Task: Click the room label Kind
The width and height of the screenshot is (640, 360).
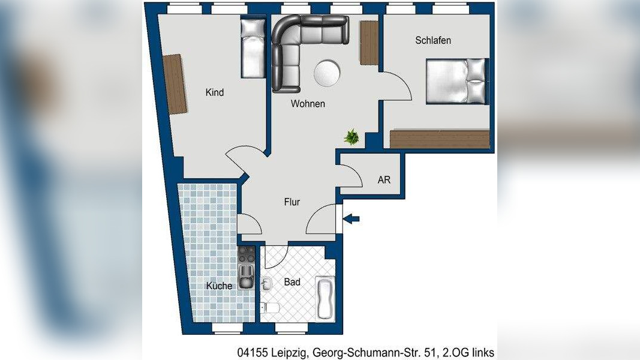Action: click(214, 92)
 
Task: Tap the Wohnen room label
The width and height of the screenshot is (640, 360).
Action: click(308, 104)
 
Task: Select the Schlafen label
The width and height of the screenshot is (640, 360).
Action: click(432, 41)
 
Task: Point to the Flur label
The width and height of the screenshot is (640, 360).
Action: click(292, 202)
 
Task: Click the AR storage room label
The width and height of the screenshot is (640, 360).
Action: click(384, 180)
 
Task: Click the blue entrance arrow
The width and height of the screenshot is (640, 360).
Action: click(353, 220)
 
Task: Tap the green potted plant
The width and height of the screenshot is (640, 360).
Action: click(352, 137)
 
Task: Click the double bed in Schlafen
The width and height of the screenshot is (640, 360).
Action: click(457, 81)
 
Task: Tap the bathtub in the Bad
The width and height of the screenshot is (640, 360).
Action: click(324, 298)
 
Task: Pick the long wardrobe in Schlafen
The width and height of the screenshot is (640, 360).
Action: click(440, 139)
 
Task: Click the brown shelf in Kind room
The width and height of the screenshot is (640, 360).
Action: click(175, 84)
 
